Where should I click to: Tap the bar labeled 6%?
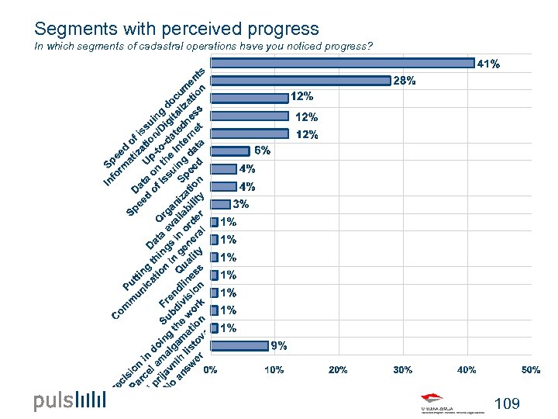click(230, 151)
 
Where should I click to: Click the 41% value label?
click(488, 64)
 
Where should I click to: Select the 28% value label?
click(405, 80)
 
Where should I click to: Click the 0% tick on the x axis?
click(210, 370)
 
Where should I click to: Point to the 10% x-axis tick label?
click(274, 370)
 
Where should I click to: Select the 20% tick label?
click(338, 370)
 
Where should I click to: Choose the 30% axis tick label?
click(402, 370)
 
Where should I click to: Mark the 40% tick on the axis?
click(467, 370)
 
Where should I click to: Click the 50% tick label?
click(530, 370)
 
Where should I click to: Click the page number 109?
click(506, 403)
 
